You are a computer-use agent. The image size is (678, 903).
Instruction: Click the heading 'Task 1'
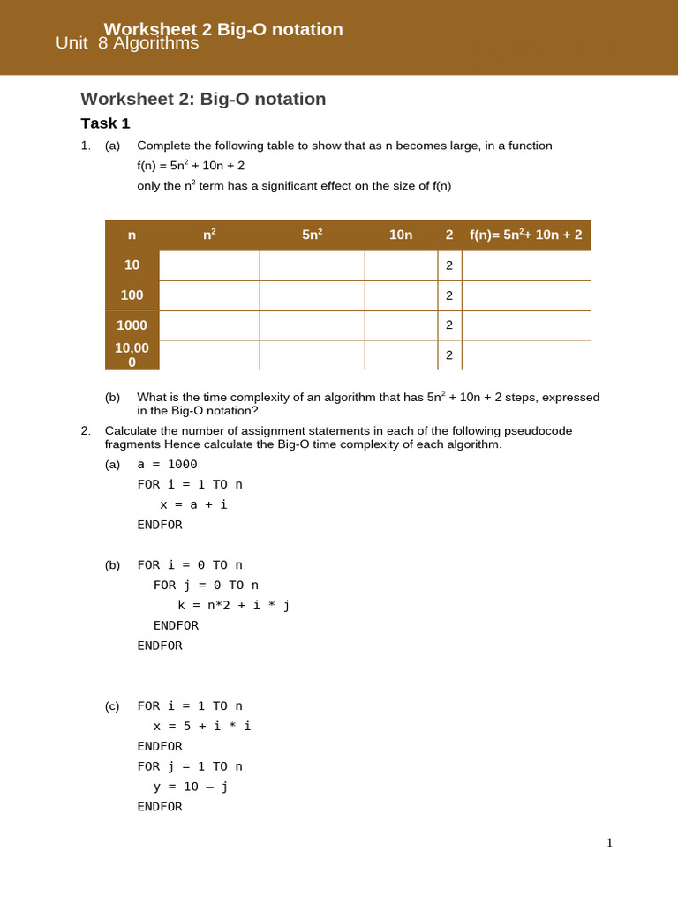click(x=105, y=123)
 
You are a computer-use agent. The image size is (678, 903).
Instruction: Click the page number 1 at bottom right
click(x=609, y=843)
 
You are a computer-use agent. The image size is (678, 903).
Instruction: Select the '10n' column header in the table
click(x=401, y=235)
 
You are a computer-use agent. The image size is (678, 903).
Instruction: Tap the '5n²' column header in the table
click(x=312, y=235)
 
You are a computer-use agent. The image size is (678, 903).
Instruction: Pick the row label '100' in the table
click(x=132, y=295)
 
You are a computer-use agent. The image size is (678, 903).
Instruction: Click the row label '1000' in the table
click(x=132, y=325)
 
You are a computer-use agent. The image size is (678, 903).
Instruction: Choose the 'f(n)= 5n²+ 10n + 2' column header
click(x=525, y=235)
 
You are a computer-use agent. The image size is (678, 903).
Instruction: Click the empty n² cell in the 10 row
click(x=209, y=265)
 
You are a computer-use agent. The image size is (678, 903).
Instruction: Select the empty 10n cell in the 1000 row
click(x=401, y=325)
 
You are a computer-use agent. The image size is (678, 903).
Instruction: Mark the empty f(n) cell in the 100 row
click(x=525, y=295)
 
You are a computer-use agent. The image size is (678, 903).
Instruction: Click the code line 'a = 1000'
click(x=167, y=465)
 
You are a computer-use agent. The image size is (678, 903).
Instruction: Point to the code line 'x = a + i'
click(x=193, y=505)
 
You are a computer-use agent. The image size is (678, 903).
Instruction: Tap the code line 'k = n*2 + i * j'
click(x=233, y=605)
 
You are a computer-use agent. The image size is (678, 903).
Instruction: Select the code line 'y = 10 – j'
click(x=191, y=787)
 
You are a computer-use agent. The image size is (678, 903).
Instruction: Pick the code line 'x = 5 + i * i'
click(x=202, y=727)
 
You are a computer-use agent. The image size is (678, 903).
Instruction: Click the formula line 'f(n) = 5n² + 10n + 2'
click(x=191, y=166)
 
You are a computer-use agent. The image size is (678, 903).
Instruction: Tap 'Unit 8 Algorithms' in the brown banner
click(x=127, y=43)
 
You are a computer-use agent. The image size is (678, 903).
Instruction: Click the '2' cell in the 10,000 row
click(x=448, y=354)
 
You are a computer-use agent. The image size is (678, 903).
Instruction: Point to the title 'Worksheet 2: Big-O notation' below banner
click(x=203, y=99)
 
